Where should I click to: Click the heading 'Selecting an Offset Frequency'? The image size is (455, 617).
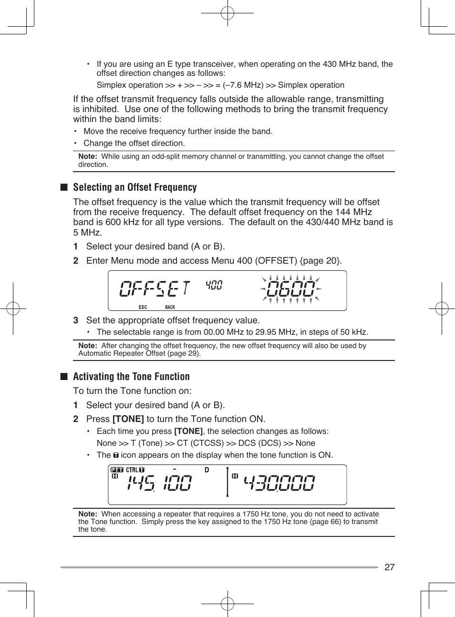(134, 187)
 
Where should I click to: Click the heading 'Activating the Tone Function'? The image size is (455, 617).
(131, 377)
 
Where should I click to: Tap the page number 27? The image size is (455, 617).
(389, 567)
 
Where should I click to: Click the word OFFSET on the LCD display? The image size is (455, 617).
(155, 288)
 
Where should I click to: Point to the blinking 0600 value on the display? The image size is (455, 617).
(291, 289)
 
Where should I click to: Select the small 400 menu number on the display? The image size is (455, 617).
(214, 285)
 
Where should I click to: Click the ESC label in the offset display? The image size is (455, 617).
(143, 307)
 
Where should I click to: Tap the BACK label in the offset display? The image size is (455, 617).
(170, 307)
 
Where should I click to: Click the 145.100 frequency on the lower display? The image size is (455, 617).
(159, 483)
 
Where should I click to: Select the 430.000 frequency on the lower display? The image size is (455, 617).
(279, 483)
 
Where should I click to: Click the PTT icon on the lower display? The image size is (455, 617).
(117, 470)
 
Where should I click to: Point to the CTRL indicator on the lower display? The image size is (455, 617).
(132, 470)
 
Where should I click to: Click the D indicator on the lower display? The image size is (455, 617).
(207, 470)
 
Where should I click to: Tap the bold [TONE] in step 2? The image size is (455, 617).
(128, 419)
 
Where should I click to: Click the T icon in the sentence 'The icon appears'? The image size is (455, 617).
(116, 455)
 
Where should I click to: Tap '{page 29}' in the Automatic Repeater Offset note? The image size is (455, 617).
(184, 353)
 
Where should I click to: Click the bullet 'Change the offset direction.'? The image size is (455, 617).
(134, 143)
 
